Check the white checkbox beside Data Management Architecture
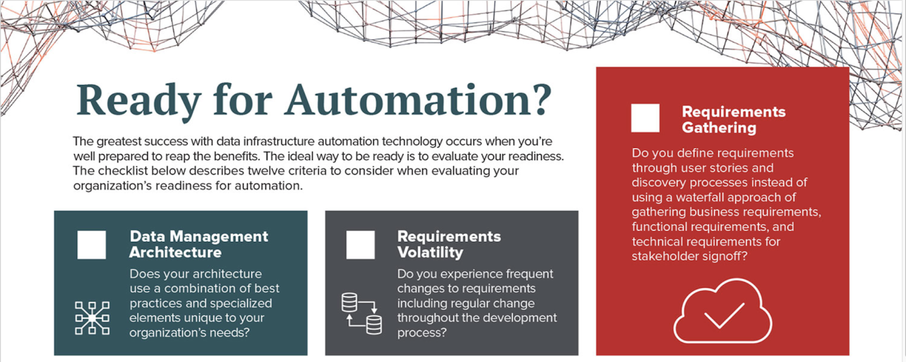(92, 245)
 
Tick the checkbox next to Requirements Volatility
(360, 245)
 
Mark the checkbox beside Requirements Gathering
(645, 118)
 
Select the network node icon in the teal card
(92, 318)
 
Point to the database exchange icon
(362, 314)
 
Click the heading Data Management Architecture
(199, 244)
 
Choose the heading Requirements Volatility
(449, 244)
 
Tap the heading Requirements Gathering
(734, 120)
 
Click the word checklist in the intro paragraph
(123, 171)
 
